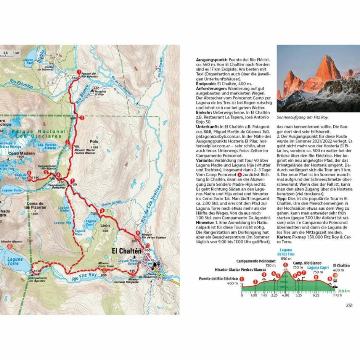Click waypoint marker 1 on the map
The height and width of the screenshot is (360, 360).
(x=79, y=72)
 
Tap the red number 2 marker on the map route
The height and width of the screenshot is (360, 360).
(x=82, y=117)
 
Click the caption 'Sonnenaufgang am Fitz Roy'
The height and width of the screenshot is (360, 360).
(x=302, y=117)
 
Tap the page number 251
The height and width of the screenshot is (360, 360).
(x=349, y=305)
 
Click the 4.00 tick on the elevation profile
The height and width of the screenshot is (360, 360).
(x=285, y=295)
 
